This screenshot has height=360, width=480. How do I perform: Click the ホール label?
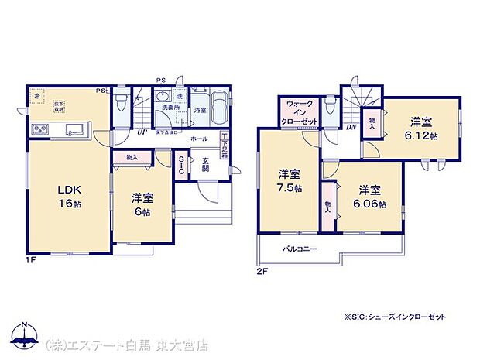[197, 138]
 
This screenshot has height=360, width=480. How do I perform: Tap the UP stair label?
[142, 132]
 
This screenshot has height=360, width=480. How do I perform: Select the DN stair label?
[350, 128]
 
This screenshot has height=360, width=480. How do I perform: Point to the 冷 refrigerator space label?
[37, 96]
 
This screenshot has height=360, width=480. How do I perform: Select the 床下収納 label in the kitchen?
[60, 105]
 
